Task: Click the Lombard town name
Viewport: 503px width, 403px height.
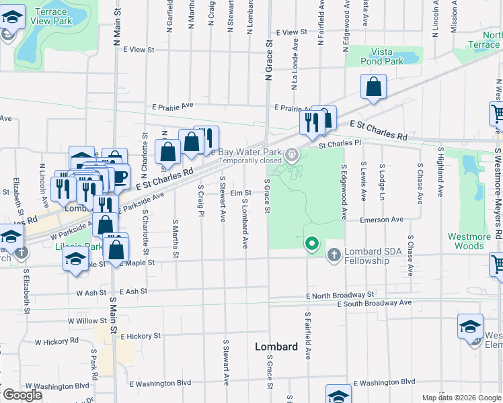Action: click(276, 347)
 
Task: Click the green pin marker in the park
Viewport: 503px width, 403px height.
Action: click(311, 243)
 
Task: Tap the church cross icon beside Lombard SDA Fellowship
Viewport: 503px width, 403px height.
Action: click(334, 255)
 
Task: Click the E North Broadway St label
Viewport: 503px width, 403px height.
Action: click(339, 295)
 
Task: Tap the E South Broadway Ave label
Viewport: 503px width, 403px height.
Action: click(376, 303)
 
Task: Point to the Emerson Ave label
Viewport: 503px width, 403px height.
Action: click(381, 219)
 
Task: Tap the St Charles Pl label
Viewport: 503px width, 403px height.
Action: click(340, 143)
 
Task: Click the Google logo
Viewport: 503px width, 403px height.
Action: click(22, 395)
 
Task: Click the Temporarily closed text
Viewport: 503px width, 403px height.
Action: click(249, 161)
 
